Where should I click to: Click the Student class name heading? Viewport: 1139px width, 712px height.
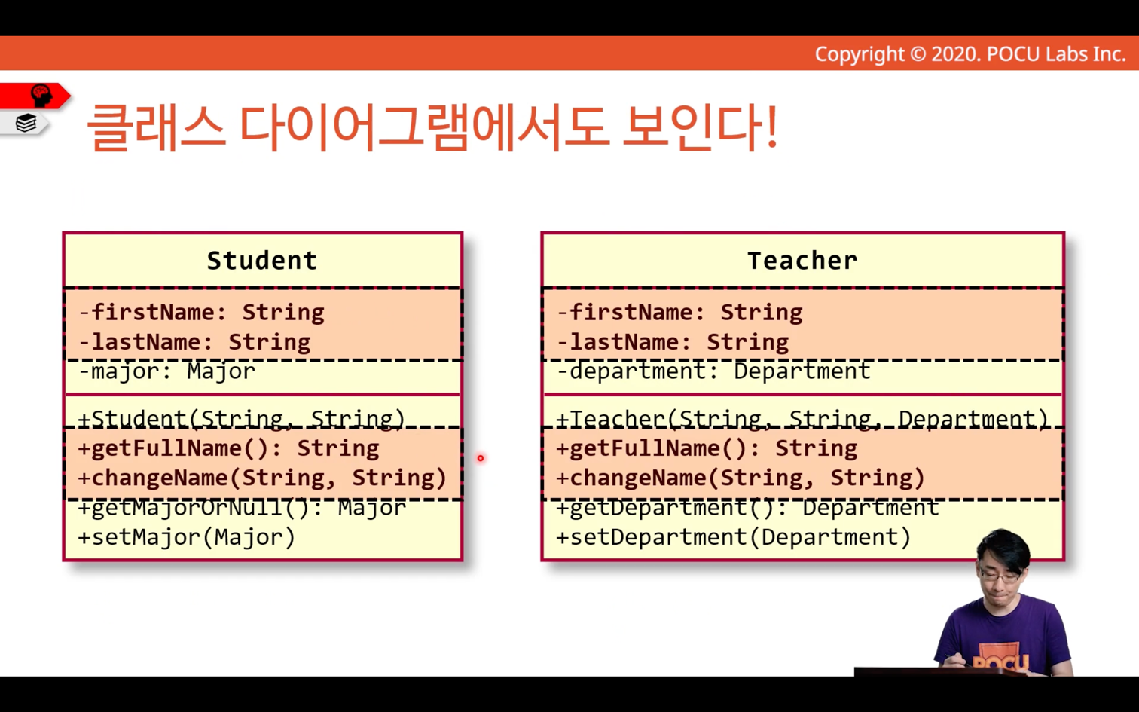pyautogui.click(x=262, y=261)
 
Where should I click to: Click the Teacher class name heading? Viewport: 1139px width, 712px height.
pyautogui.click(x=802, y=261)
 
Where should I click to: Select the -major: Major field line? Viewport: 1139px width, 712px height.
pyautogui.click(x=166, y=371)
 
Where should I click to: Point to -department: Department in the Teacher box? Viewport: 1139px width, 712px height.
pyautogui.click(x=714, y=371)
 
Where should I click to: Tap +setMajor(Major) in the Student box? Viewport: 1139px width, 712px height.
pyautogui.click(x=187, y=537)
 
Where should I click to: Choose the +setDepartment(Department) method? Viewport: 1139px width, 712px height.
pyautogui.click(x=734, y=537)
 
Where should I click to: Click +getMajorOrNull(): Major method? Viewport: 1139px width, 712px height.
pyautogui.click(x=242, y=508)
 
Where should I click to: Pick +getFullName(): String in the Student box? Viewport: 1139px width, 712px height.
pyautogui.click(x=228, y=448)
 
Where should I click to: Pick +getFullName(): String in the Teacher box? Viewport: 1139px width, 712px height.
pyautogui.click(x=707, y=448)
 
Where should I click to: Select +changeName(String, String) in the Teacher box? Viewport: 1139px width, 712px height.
pyautogui.click(x=741, y=478)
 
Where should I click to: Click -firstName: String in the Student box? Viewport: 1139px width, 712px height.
pyautogui.click(x=201, y=312)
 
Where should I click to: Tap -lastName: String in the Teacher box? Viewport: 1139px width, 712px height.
pyautogui.click(x=673, y=342)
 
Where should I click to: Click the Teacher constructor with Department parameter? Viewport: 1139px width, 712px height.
pyautogui.click(x=802, y=420)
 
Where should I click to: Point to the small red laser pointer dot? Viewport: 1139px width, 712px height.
pyautogui.click(x=481, y=458)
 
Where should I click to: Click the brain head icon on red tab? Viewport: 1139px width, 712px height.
pyautogui.click(x=41, y=96)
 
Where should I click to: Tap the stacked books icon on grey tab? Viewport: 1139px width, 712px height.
pyautogui.click(x=26, y=123)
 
